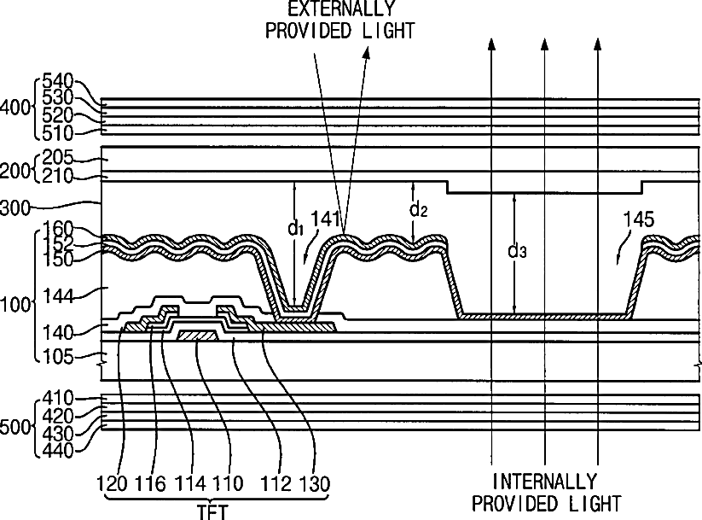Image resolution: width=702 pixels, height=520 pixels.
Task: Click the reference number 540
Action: point(57,81)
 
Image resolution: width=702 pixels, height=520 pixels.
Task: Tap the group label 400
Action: point(15,108)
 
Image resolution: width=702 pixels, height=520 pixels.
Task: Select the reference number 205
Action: point(57,157)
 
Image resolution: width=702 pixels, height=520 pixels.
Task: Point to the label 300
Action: point(15,208)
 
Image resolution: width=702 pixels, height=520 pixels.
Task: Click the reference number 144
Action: point(57,296)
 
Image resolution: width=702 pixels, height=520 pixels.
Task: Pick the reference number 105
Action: point(57,357)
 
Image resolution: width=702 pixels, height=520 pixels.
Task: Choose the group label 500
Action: point(15,427)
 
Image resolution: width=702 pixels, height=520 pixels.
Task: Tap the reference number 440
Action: point(57,450)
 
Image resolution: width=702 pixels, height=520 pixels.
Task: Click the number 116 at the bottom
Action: point(150,483)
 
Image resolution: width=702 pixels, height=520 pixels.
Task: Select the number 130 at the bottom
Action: point(315,483)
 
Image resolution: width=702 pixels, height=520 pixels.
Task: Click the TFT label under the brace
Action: point(213,512)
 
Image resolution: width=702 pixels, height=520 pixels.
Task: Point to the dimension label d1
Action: point(295,228)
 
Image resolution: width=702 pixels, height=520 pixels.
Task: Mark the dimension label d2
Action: point(419,209)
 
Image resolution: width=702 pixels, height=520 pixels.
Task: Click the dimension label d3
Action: point(517,251)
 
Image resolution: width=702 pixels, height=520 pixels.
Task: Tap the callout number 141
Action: point(327,219)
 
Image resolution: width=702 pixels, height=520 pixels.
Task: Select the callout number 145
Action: point(639,219)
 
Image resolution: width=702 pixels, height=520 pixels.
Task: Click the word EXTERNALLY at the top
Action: point(341,8)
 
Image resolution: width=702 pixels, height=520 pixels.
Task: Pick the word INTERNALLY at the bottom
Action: point(545,482)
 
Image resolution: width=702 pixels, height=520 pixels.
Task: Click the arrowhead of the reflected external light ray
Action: point(367,52)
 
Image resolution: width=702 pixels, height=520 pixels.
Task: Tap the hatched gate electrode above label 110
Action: point(197,335)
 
